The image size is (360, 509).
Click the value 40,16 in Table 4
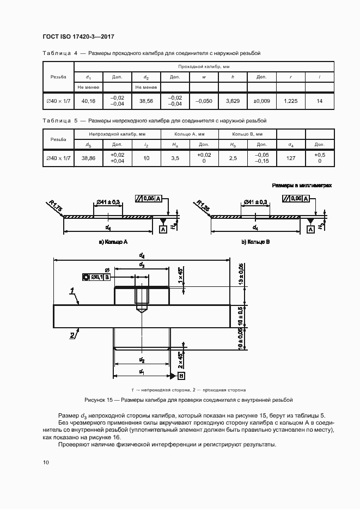point(88,101)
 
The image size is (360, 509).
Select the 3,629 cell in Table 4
point(233,101)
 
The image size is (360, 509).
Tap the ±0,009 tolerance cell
point(261,101)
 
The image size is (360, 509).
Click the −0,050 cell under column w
point(204,101)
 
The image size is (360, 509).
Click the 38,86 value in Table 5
point(88,158)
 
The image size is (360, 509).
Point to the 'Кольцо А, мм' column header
point(190,134)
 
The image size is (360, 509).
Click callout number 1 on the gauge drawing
point(72,292)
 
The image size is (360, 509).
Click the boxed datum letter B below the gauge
point(181,376)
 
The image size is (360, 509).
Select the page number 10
point(46,462)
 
